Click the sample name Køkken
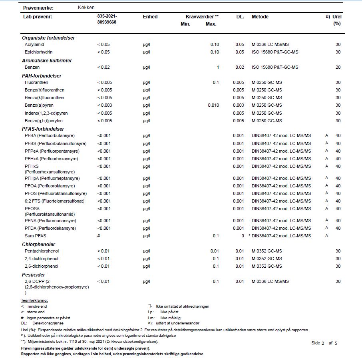(x=86, y=8)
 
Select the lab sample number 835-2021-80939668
(x=107, y=19)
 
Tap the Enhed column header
(x=150, y=17)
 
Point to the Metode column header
(x=260, y=17)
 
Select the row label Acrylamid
(x=34, y=44)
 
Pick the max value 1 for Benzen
(x=218, y=67)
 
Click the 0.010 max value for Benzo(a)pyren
(x=213, y=105)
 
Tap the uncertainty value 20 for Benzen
(x=338, y=67)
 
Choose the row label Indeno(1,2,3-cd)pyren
(x=46, y=113)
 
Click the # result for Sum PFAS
(x=98, y=236)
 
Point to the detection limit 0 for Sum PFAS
(x=243, y=236)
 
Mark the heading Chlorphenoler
(x=38, y=244)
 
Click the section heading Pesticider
(x=33, y=274)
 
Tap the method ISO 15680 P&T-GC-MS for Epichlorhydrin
(x=275, y=52)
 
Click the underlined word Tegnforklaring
(x=34, y=300)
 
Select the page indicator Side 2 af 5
(x=324, y=343)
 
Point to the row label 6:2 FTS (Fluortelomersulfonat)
(x=55, y=201)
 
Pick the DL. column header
(x=240, y=17)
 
